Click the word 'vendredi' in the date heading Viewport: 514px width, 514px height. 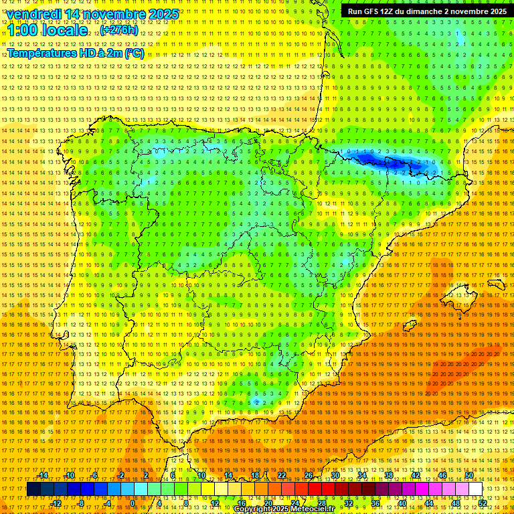pos(36,14)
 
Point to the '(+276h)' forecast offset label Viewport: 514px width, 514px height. pos(119,31)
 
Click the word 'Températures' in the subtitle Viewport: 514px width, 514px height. pos(44,54)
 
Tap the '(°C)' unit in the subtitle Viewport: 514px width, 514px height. pos(133,54)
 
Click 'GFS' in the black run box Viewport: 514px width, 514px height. pos(371,11)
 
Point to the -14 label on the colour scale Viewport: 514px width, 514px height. pos(43,476)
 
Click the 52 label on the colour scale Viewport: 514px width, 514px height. pos(482,503)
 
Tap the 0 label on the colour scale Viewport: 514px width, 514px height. pos(133,503)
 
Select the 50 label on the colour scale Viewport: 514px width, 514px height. pos(469,476)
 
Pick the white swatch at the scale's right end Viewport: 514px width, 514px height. pos(475,489)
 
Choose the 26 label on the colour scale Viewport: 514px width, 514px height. pos(309,476)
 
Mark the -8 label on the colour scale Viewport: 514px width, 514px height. pos(81,503)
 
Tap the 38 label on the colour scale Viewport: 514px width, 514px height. pos(388,476)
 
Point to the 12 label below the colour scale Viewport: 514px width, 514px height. pos(215,503)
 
